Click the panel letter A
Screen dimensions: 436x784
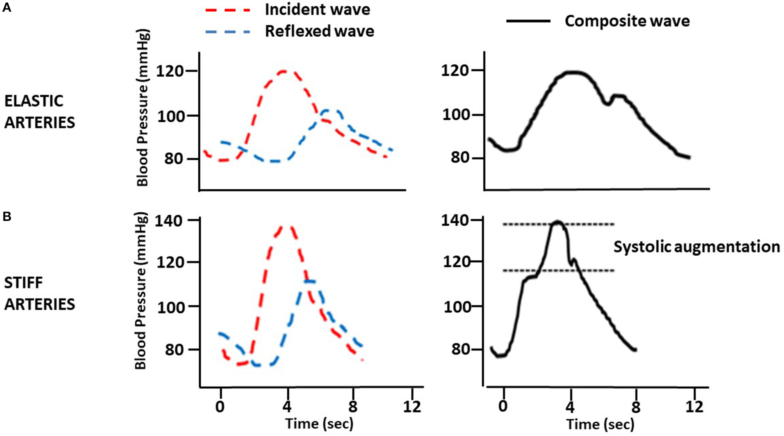pos(7,7)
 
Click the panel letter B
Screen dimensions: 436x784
pos(7,217)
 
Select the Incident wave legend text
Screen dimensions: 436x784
pos(317,9)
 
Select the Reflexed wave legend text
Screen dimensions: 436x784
pos(319,31)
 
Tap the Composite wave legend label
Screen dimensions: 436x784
pos(627,21)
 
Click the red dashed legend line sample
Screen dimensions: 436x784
pos(228,10)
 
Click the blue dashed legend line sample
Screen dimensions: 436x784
pos(228,32)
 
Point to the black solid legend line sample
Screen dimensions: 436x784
pos(528,21)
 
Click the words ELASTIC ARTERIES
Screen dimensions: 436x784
pos(39,112)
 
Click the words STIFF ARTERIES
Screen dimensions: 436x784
pos(39,293)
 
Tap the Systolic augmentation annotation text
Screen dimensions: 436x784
pos(696,247)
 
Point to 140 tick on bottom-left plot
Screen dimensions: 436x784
pos(169,221)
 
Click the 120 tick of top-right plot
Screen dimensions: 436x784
pos(454,71)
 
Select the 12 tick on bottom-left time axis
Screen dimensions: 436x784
pos(412,407)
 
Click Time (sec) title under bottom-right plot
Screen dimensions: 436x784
pos(600,424)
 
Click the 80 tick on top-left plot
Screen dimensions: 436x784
pos(174,159)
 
